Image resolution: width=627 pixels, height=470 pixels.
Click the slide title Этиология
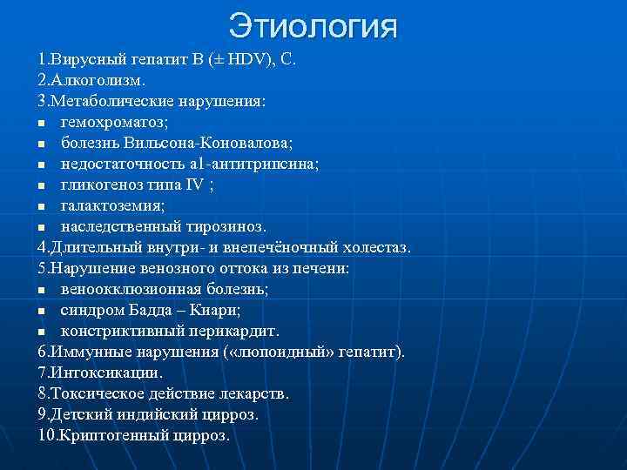(313, 26)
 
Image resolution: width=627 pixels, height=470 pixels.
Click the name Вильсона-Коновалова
(218, 142)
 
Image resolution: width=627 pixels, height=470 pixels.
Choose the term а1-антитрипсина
(253, 163)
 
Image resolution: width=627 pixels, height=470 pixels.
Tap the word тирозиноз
(225, 226)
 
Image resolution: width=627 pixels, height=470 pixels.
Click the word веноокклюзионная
(126, 290)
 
